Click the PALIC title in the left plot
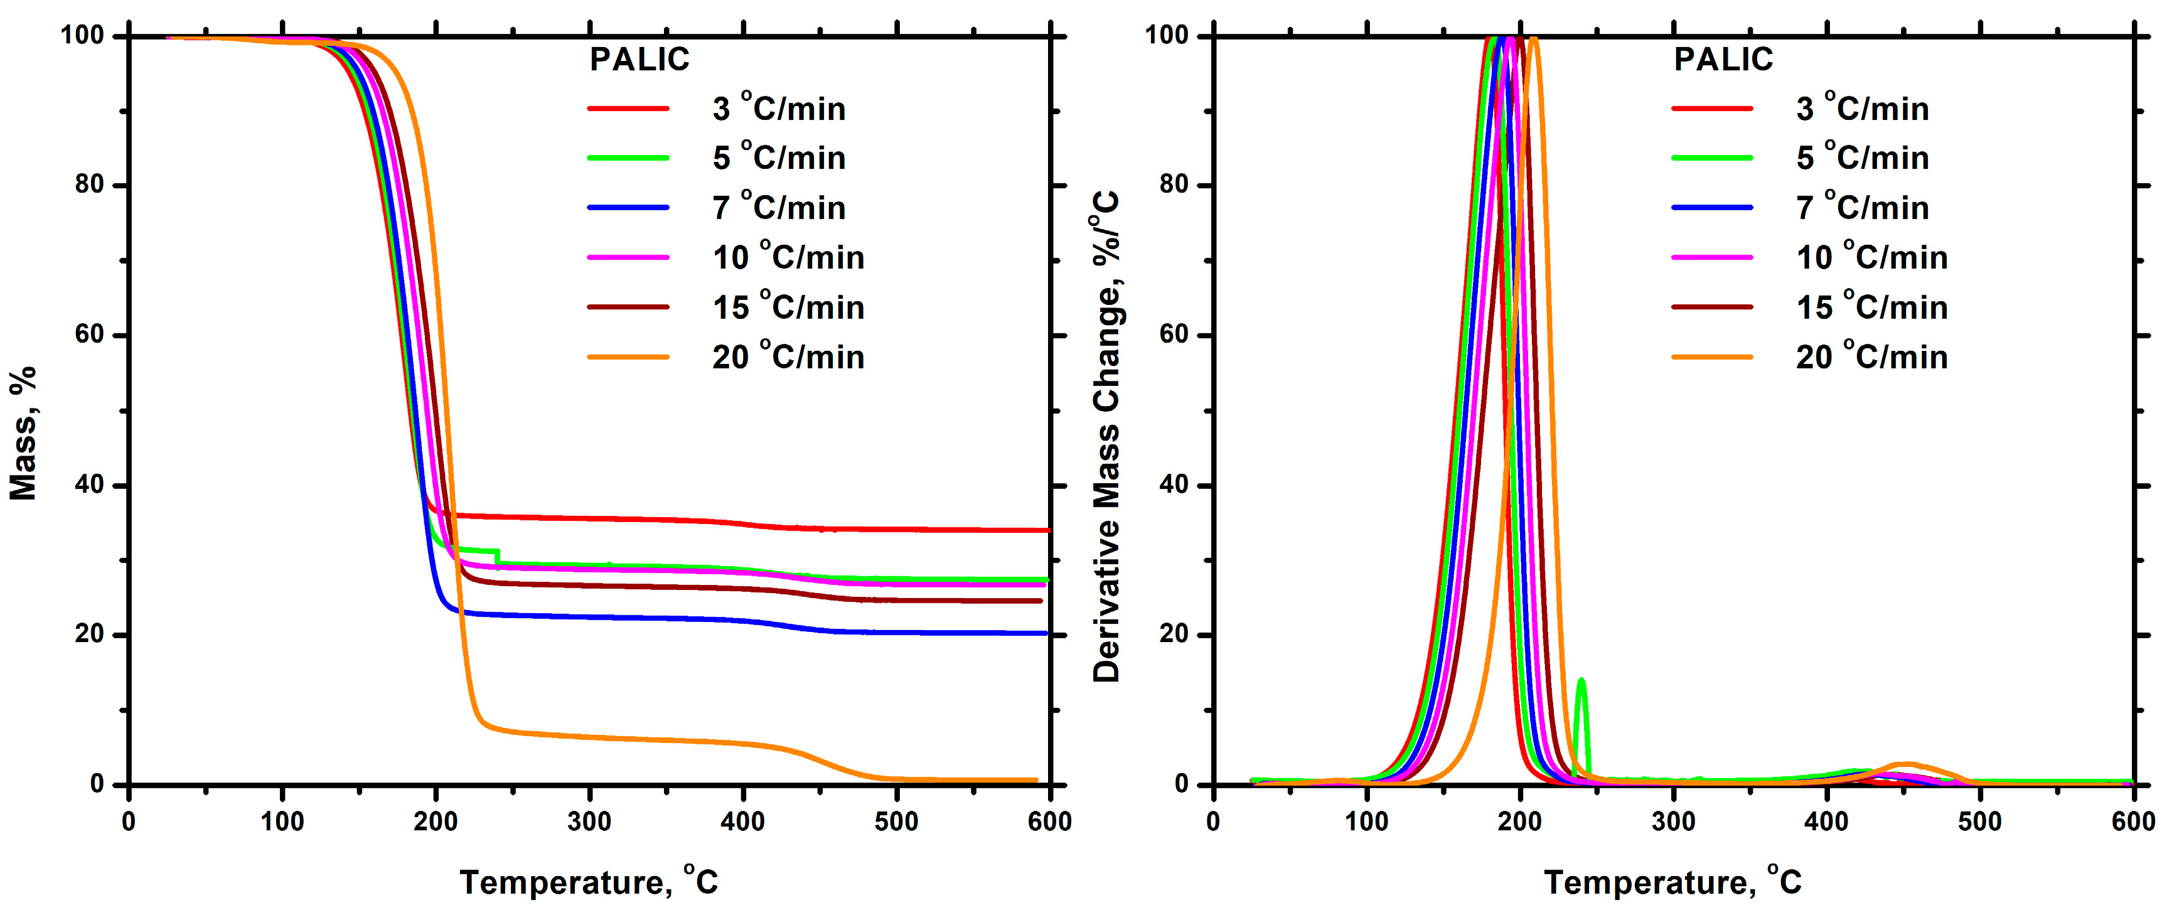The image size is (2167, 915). click(639, 60)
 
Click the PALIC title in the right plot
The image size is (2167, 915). click(1723, 60)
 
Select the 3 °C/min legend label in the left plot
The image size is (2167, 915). click(778, 109)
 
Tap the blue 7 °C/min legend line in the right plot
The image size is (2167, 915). click(1712, 208)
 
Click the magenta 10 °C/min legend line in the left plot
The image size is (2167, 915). click(628, 257)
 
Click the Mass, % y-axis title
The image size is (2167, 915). click(24, 433)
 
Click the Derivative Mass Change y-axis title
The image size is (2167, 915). click(1107, 437)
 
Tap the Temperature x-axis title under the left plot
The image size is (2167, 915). click(589, 882)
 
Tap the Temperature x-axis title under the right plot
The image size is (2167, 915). click(1672, 882)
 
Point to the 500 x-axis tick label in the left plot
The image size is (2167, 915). click(896, 821)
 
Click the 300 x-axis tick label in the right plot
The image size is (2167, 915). click(1673, 821)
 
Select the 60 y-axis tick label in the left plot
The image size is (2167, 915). click(89, 334)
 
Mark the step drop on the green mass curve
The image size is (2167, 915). click(498, 557)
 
